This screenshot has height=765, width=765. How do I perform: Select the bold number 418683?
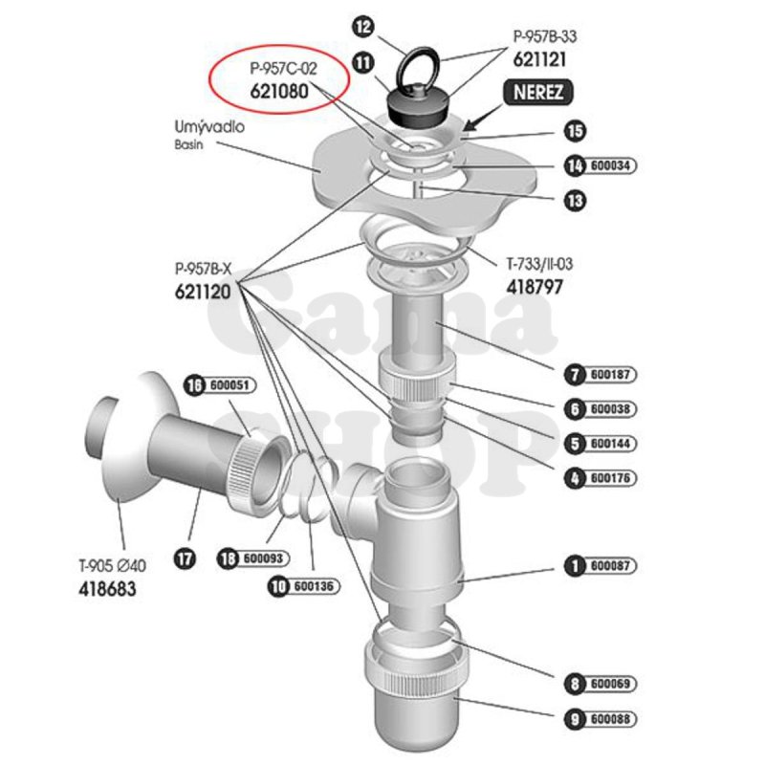pyautogui.click(x=106, y=587)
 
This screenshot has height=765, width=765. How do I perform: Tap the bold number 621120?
pyautogui.click(x=203, y=293)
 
